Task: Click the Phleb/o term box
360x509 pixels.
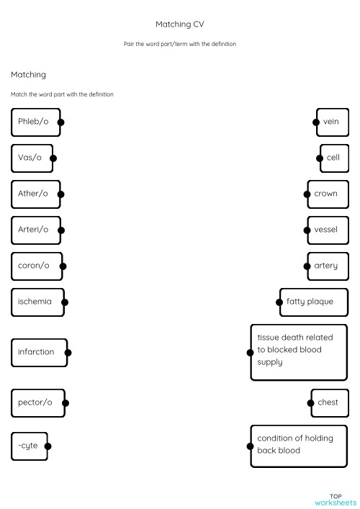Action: coord(35,122)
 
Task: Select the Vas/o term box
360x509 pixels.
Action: coord(32,158)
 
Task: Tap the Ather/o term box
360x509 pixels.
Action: coord(35,194)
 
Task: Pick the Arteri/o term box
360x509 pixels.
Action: coord(35,230)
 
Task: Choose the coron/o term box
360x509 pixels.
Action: coord(36,266)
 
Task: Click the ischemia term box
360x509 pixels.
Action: coord(37,302)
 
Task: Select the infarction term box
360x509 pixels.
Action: coord(39,352)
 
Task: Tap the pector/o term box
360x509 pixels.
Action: coord(37,402)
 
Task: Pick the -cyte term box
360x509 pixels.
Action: coord(30,446)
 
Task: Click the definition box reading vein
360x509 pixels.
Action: coord(332,122)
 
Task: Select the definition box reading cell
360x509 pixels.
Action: coord(333,158)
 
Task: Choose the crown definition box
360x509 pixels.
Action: coord(327,194)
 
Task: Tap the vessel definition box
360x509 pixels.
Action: coord(327,230)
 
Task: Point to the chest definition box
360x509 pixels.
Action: coord(329,402)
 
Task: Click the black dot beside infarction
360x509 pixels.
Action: coord(68,352)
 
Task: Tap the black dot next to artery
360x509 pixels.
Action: coord(305,266)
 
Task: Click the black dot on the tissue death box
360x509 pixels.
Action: coord(250,352)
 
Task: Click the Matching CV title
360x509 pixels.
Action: coord(179,24)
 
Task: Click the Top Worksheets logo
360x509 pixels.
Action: coord(335,499)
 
